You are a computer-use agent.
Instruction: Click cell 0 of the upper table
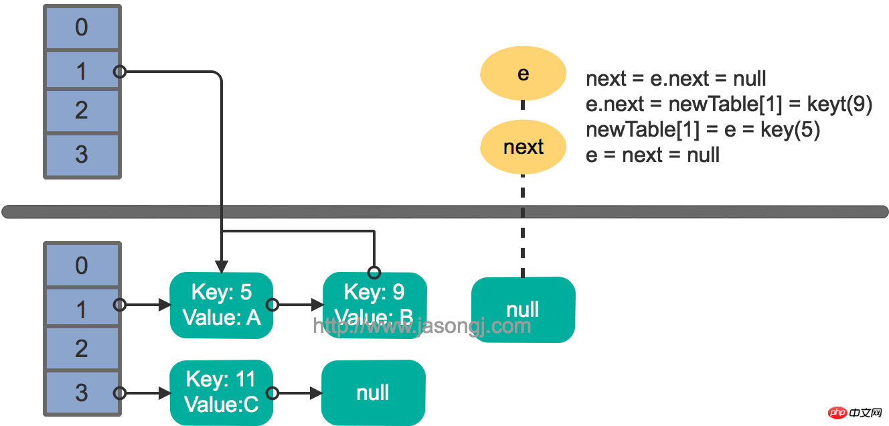[x=82, y=28]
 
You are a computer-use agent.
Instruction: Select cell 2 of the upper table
[x=82, y=111]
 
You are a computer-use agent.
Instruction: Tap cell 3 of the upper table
[x=82, y=155]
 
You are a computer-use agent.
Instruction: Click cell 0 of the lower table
[x=82, y=266]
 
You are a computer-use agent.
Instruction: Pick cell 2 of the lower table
[x=82, y=349]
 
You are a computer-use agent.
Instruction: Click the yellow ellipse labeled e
[x=523, y=74]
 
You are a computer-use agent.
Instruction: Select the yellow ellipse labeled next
[x=523, y=147]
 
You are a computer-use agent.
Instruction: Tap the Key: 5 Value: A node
[x=222, y=305]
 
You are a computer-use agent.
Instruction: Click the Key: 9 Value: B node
[x=374, y=305]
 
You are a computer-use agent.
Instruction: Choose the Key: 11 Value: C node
[x=222, y=393]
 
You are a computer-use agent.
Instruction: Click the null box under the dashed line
[x=523, y=309]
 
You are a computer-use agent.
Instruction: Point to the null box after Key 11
[x=373, y=393]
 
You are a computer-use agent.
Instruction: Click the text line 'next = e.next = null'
[x=675, y=78]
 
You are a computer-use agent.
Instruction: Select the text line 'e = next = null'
[x=652, y=155]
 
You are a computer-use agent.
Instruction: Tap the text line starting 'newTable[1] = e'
[x=703, y=130]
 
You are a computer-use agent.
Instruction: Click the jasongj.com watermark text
[x=422, y=326]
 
